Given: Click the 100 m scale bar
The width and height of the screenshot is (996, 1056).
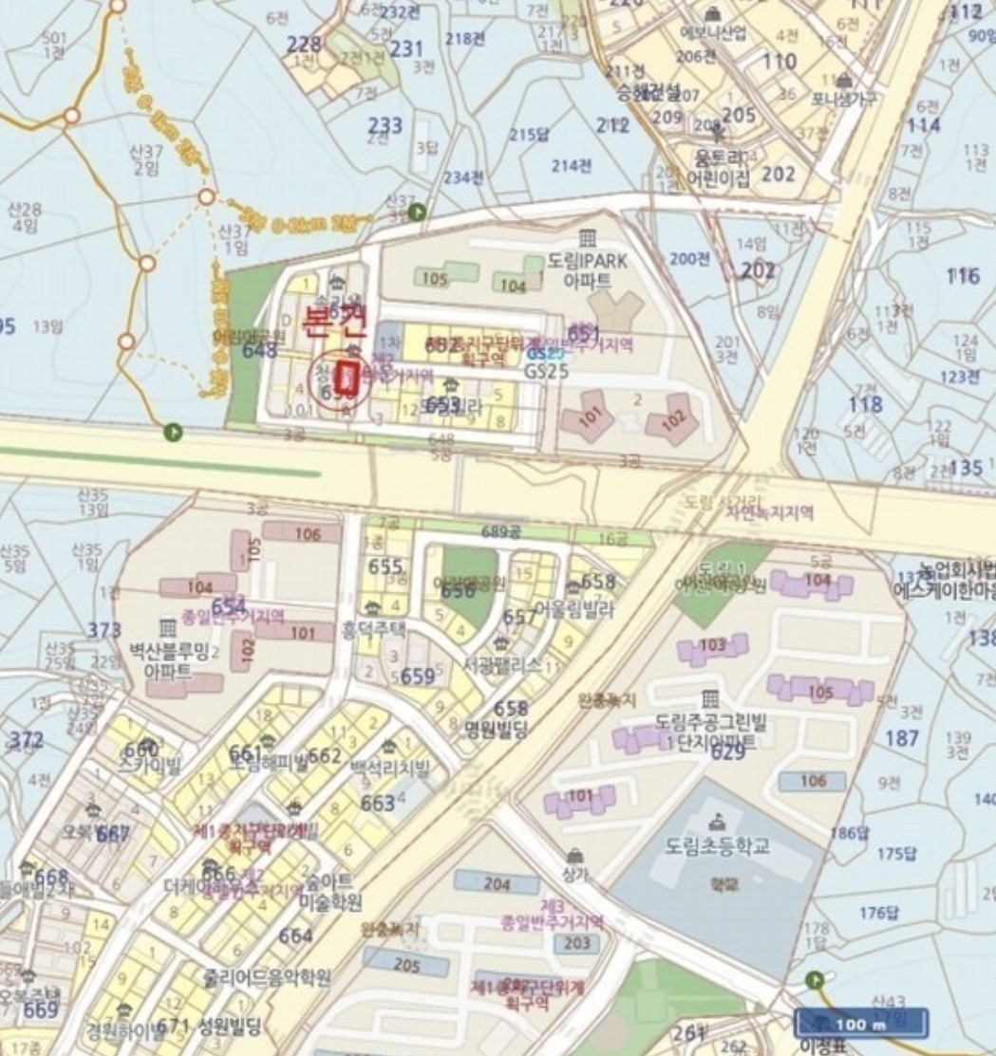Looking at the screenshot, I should pyautogui.click(x=861, y=1024).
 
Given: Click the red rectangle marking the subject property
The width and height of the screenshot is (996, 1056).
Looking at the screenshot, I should pyautogui.click(x=348, y=378).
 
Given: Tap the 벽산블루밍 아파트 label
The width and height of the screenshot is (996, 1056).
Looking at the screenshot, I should pyautogui.click(x=160, y=660).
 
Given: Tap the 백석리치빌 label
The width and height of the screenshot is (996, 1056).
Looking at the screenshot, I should pyautogui.click(x=390, y=766).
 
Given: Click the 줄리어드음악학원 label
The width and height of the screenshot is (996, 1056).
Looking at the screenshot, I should pyautogui.click(x=267, y=976).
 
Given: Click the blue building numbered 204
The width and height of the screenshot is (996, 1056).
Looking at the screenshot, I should pyautogui.click(x=497, y=882).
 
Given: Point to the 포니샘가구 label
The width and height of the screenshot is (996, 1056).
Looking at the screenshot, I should pyautogui.click(x=843, y=99).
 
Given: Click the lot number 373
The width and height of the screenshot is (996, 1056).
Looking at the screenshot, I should pyautogui.click(x=104, y=631).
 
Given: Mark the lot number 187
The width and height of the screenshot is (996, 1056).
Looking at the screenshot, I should pyautogui.click(x=901, y=738).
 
